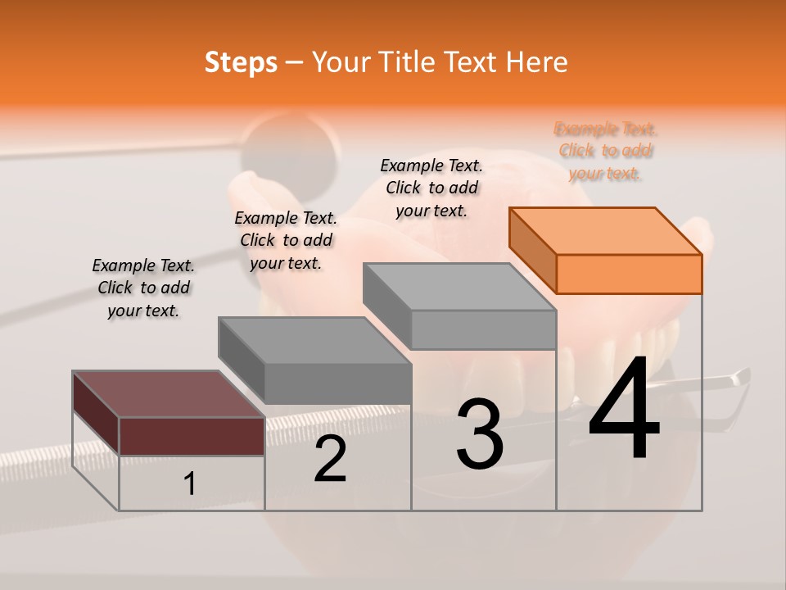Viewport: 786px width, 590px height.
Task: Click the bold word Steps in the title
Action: (x=241, y=62)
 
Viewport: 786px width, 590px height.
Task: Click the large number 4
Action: (x=624, y=410)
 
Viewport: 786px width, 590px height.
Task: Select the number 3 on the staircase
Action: (x=480, y=434)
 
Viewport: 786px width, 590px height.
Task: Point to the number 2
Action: (x=330, y=460)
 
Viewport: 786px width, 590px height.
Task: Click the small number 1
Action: (x=189, y=484)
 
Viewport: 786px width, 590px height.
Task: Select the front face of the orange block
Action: (x=629, y=274)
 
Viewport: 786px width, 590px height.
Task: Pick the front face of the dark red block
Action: (x=192, y=436)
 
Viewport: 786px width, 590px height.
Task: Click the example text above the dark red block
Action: (x=143, y=288)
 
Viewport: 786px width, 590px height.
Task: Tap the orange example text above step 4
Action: (x=606, y=151)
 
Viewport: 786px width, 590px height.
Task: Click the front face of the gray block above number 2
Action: (x=337, y=383)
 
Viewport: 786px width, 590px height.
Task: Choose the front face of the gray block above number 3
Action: (x=483, y=329)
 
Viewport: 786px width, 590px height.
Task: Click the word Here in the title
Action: (x=537, y=62)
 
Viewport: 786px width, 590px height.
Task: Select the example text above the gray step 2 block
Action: (x=286, y=240)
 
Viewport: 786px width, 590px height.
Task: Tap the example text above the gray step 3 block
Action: (x=431, y=188)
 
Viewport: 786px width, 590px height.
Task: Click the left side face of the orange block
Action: (x=532, y=251)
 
